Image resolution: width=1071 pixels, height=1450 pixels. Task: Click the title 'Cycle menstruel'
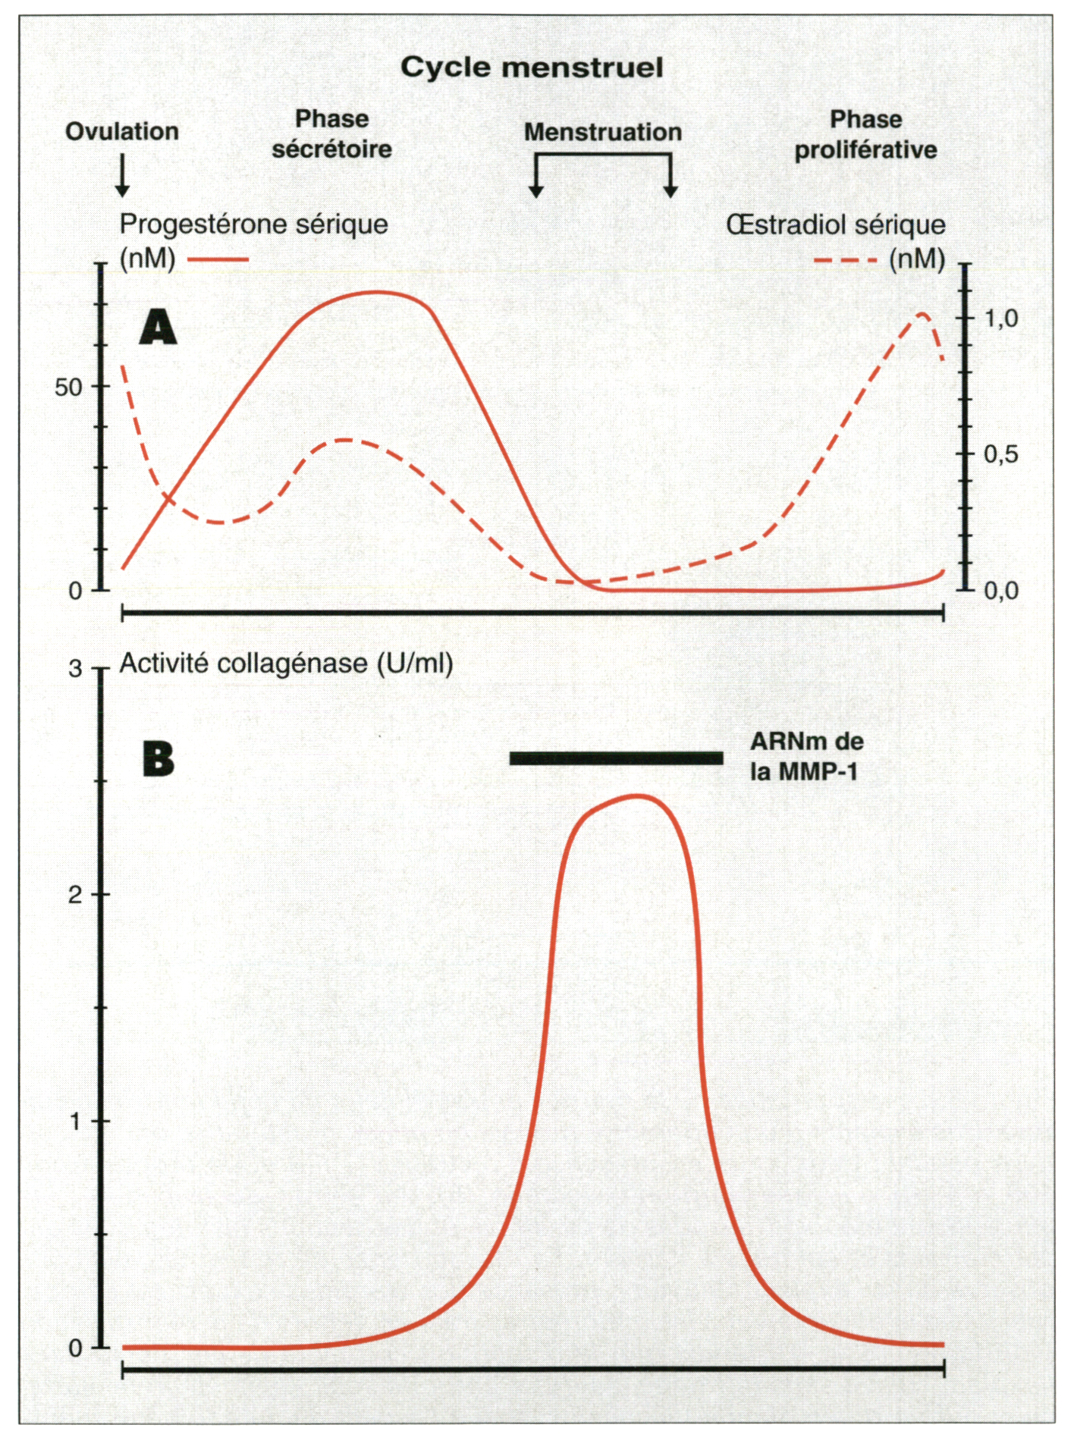[532, 67]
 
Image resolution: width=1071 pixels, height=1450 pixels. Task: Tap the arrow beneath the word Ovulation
[122, 174]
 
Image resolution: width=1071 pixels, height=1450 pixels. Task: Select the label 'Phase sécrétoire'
[331, 133]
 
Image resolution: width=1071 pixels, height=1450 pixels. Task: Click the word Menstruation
[603, 132]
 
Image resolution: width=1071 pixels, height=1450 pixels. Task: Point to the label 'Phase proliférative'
[865, 134]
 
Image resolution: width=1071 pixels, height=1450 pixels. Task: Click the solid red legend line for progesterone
[218, 260]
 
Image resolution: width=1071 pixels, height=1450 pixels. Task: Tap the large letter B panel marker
[158, 758]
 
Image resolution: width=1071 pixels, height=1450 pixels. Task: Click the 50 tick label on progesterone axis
[68, 388]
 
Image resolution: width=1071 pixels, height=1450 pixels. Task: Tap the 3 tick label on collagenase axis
[75, 668]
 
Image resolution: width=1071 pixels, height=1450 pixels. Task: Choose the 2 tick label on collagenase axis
[75, 895]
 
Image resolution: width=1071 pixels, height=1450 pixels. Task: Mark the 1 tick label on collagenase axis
[75, 1121]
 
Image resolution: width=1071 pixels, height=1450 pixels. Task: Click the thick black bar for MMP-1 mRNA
[616, 758]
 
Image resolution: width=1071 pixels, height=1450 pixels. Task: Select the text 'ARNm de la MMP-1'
[806, 756]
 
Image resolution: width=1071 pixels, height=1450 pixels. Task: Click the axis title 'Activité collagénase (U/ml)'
[286, 664]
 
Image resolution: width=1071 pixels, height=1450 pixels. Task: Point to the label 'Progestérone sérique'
[253, 224]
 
